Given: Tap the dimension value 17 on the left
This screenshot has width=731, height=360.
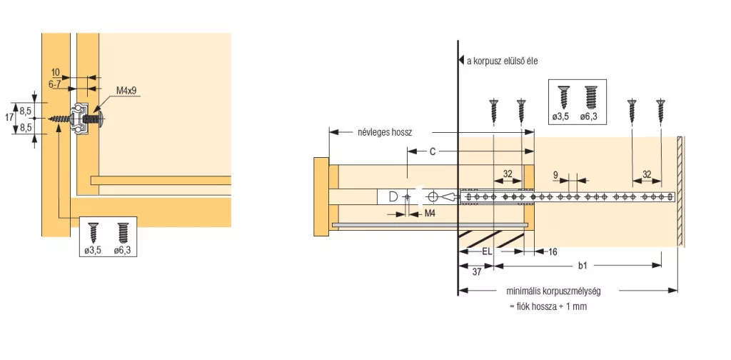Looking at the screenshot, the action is click(x=9, y=118).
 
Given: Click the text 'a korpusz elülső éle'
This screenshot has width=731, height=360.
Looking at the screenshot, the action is click(x=502, y=61).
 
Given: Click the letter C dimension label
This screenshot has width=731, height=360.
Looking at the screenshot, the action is click(x=432, y=151).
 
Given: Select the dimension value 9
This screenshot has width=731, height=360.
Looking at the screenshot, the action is click(x=555, y=175).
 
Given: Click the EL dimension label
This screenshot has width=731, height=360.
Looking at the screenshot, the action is click(x=487, y=251).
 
